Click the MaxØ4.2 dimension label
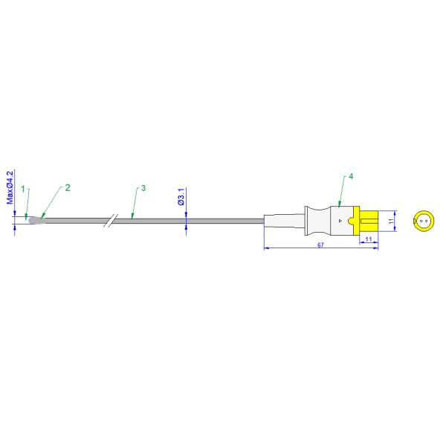click(10, 187)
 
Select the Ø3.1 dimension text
click(181, 196)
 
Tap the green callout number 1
click(23, 189)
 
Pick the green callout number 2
click(68, 188)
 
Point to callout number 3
click(143, 188)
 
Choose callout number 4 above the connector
click(351, 177)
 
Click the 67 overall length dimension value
click(320, 245)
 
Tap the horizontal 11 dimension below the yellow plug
click(369, 239)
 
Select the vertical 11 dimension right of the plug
click(392, 221)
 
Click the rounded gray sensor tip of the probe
click(36, 220)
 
